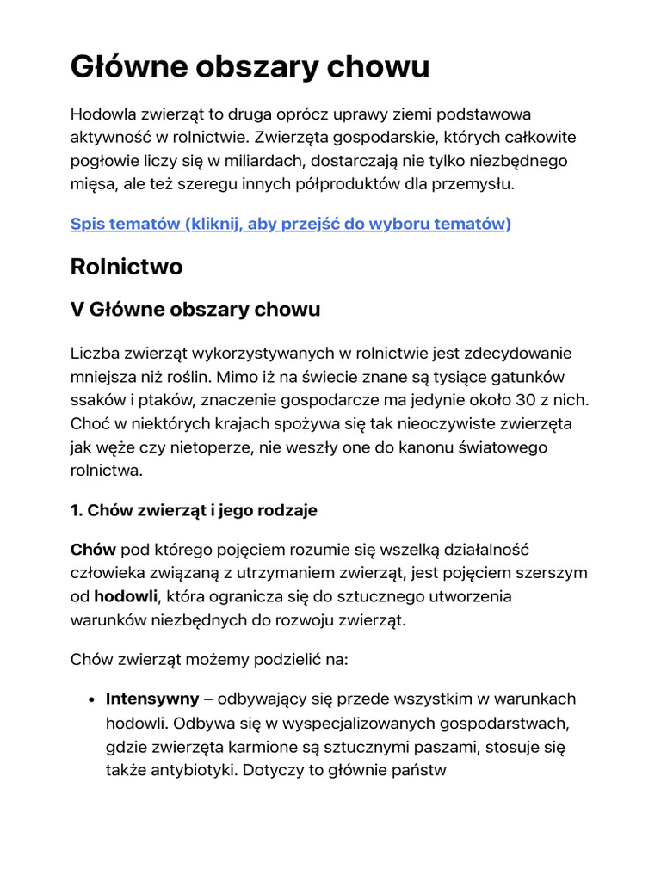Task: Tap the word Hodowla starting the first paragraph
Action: point(104,114)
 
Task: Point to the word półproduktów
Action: point(342,183)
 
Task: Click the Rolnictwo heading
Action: point(126,267)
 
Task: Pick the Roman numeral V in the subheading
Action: point(77,310)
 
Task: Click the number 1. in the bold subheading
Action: point(76,510)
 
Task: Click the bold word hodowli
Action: point(126,596)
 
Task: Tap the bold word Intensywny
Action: point(151,699)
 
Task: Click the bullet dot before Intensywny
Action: point(90,699)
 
